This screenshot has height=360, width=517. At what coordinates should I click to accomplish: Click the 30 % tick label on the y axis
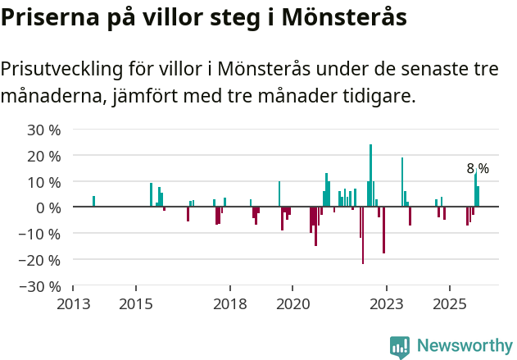pyautogui.click(x=44, y=130)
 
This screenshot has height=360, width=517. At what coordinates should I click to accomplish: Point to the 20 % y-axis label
pyautogui.click(x=44, y=156)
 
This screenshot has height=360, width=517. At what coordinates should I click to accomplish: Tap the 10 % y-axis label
pyautogui.click(x=44, y=182)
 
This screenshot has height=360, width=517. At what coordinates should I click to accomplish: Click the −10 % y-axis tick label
pyautogui.click(x=41, y=234)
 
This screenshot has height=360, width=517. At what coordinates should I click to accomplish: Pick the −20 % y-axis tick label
pyautogui.click(x=41, y=260)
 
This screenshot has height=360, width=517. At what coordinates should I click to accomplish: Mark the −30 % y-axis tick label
pyautogui.click(x=41, y=286)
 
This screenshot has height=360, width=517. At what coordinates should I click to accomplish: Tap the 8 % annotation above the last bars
pyautogui.click(x=478, y=168)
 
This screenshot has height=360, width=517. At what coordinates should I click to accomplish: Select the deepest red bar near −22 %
pyautogui.click(x=363, y=235)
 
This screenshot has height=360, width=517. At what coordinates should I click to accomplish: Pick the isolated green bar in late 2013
pyautogui.click(x=94, y=202)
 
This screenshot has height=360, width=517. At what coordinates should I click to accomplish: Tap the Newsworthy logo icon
pyautogui.click(x=400, y=347)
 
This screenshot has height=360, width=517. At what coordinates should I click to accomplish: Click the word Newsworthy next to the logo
pyautogui.click(x=465, y=346)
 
